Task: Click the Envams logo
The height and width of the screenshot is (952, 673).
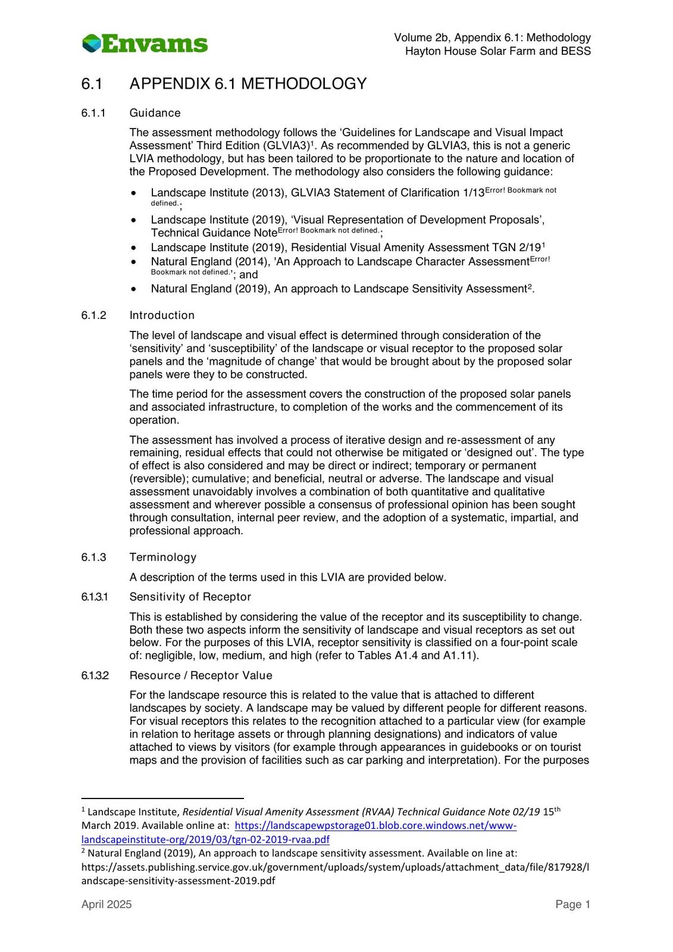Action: coord(145,43)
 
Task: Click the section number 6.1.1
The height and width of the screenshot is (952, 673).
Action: coord(93,113)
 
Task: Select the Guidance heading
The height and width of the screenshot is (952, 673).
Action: coord(155,113)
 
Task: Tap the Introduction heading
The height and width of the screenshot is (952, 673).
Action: coord(162,315)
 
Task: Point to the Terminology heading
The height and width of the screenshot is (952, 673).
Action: coord(162,557)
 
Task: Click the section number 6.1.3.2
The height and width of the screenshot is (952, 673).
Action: coord(95,675)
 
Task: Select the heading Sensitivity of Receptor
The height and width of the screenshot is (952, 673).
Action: coord(190,597)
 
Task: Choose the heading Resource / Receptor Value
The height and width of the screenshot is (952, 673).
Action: coord(201,675)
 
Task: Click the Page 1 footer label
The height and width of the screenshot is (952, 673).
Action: coord(572,904)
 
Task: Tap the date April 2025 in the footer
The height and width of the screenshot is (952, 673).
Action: coord(107,904)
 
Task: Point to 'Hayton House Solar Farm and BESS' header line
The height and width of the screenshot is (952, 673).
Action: coord(497,51)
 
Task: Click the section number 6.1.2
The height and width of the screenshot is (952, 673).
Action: coord(93,315)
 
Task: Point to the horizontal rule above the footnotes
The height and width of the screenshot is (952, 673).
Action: coord(162,798)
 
